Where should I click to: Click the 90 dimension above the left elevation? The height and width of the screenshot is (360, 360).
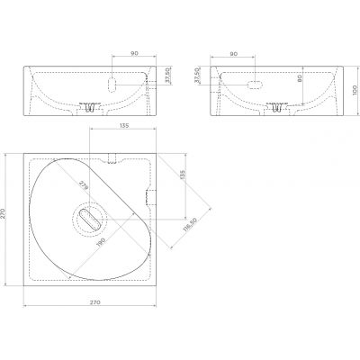point(134,53)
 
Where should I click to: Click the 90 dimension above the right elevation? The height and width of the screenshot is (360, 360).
point(234,54)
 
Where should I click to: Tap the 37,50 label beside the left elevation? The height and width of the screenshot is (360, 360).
point(168,76)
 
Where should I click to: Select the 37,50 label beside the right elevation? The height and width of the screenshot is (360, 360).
point(197,76)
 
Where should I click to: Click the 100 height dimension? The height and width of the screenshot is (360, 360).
point(355,90)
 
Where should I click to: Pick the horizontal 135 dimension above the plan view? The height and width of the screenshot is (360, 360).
point(124,126)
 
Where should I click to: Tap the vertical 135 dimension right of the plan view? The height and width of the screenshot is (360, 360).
point(183,175)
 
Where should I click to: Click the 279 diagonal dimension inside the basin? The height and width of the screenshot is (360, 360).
point(84,185)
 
